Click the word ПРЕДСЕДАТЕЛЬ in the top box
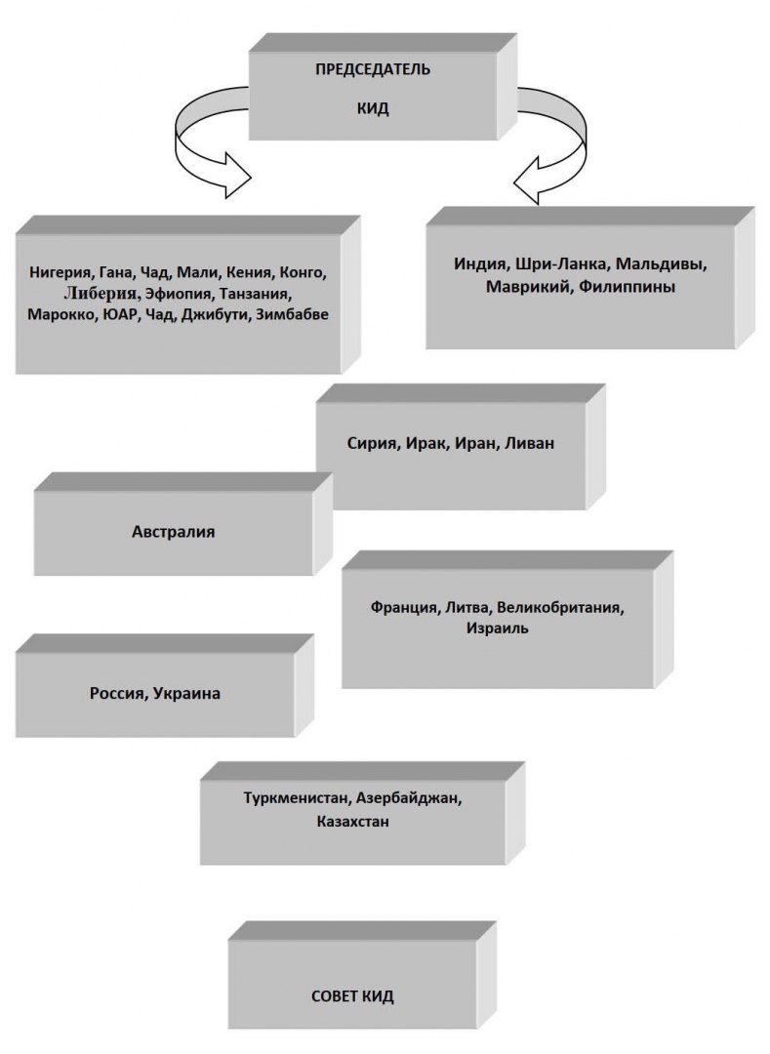[373, 69]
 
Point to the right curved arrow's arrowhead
[532, 180]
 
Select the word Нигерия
[60, 273]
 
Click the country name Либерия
[102, 294]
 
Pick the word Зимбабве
[292, 314]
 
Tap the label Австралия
[174, 532]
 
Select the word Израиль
[498, 628]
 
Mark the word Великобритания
[560, 608]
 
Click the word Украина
[186, 693]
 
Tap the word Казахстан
[352, 822]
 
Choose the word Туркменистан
[297, 798]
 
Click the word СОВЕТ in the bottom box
[334, 996]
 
